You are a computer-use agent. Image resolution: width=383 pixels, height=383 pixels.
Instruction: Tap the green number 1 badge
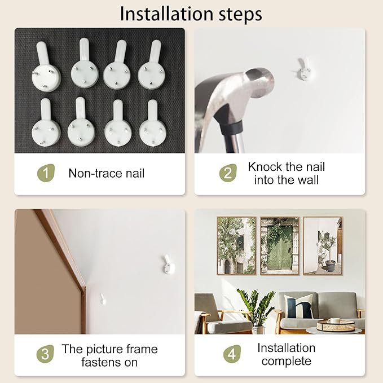[x=46, y=173]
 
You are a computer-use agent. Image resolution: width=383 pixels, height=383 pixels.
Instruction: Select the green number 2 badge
[x=228, y=173]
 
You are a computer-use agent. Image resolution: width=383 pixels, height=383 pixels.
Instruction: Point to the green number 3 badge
[x=45, y=354]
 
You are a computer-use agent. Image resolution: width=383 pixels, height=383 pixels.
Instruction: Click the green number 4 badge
[x=232, y=354]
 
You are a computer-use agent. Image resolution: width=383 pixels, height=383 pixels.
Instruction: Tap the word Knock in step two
[x=265, y=167]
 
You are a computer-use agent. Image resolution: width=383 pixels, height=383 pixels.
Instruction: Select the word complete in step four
[x=287, y=361]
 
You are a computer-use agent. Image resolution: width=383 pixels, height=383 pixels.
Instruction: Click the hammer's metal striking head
[x=259, y=82]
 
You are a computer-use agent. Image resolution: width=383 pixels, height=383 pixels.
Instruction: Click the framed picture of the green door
[x=280, y=246]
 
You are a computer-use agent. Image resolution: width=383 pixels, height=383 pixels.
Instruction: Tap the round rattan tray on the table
[x=336, y=325]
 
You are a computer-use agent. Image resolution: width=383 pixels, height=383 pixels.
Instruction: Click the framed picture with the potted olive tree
[x=323, y=246]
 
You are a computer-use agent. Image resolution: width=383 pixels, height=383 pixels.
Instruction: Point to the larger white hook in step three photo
[x=168, y=265]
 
